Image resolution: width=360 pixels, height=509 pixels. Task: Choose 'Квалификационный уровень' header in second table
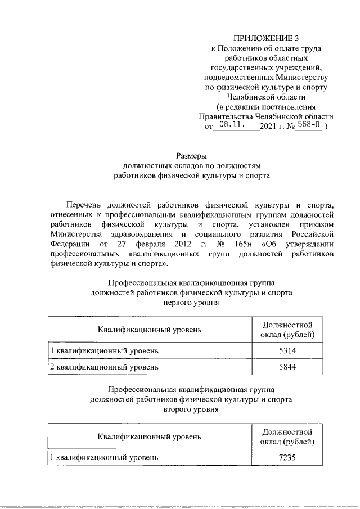[x=148, y=436]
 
